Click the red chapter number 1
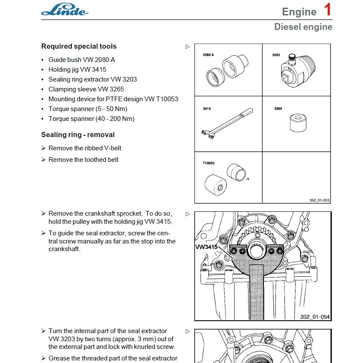click(x=327, y=10)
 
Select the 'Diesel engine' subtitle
click(x=303, y=27)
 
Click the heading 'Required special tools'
click(x=79, y=46)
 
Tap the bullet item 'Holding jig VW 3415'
click(x=77, y=69)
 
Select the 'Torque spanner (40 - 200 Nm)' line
click(x=91, y=119)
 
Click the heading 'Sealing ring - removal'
click(x=78, y=135)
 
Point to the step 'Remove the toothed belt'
click(x=83, y=160)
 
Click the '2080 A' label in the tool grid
click(x=208, y=55)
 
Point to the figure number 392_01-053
click(x=319, y=200)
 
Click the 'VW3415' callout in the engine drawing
click(x=206, y=247)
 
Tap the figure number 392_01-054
click(x=315, y=316)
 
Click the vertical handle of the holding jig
click(x=257, y=295)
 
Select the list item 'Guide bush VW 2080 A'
click(x=82, y=59)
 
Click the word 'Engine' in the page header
click(x=299, y=12)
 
